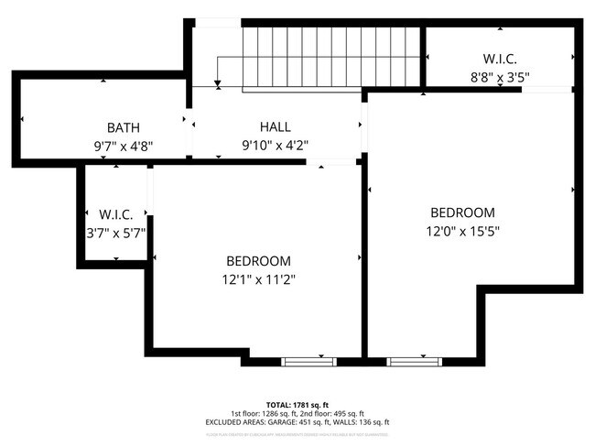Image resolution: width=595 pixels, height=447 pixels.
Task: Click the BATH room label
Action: click(x=123, y=127)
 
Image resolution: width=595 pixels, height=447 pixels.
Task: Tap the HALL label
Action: click(x=275, y=127)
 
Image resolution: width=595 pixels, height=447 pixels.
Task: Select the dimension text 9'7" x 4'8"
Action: click(x=123, y=145)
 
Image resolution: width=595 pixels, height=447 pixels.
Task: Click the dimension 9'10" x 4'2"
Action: click(x=275, y=145)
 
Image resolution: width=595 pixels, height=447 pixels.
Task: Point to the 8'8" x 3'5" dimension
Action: click(x=500, y=78)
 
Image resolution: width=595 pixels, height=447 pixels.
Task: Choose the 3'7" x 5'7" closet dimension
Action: click(x=116, y=233)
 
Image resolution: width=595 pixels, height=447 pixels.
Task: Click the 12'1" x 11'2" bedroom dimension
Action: click(x=259, y=279)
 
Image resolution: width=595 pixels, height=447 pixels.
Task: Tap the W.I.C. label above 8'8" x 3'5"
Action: click(x=500, y=60)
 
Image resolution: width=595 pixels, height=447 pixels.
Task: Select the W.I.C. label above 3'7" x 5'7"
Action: click(x=116, y=214)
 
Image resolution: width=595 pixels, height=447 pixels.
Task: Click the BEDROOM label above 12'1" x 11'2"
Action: click(x=259, y=261)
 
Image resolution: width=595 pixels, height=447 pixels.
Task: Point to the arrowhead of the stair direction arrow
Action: click(x=218, y=85)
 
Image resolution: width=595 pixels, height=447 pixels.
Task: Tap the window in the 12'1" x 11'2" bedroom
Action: click(x=303, y=361)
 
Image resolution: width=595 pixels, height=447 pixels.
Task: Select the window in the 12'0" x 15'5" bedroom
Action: click(x=409, y=361)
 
